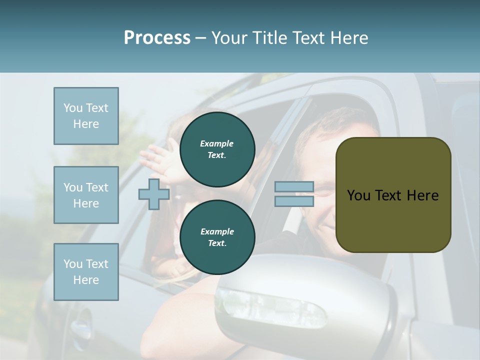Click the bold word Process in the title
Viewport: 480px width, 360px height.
[157, 38]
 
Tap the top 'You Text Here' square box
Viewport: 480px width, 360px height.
[86, 116]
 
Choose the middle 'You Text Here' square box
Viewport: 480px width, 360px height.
[86, 195]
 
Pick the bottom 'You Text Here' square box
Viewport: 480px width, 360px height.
[86, 272]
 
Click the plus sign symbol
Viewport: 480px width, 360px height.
[153, 194]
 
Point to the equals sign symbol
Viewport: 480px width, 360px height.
[294, 194]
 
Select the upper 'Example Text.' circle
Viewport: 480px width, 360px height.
[217, 149]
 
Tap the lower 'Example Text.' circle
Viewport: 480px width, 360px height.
[217, 237]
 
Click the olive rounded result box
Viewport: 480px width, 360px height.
[393, 195]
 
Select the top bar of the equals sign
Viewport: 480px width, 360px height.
[294, 187]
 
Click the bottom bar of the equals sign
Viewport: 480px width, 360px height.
[294, 201]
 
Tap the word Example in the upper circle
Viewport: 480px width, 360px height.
[217, 143]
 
